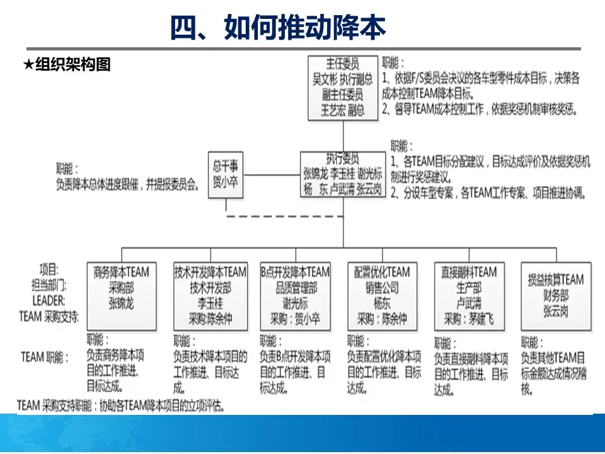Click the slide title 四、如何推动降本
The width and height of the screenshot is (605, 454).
277,28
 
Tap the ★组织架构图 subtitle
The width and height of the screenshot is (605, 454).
67,64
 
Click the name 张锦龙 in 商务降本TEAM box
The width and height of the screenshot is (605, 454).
122,303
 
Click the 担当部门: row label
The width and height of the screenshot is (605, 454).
50,284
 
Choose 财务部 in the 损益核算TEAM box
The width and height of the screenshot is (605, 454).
556,295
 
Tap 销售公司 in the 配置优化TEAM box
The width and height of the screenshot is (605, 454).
382,288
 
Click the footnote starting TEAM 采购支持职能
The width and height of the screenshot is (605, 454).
122,405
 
